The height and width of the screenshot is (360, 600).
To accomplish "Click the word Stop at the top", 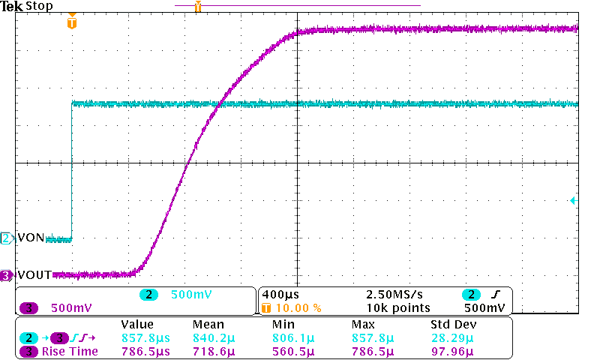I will point(39,6).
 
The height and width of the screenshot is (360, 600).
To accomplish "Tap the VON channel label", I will point(31,238).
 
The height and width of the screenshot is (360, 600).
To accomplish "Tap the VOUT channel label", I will point(34,275).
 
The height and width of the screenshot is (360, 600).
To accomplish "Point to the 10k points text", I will point(397,307).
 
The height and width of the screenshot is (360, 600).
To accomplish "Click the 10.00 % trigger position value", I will point(299,307).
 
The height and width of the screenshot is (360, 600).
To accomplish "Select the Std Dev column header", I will point(454,324).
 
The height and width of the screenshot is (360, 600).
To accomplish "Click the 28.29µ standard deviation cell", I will point(449,337).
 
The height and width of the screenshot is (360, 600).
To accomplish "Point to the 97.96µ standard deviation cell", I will point(449,351).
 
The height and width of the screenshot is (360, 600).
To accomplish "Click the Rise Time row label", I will point(70,351).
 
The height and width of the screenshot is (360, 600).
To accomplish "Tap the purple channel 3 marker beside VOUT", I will point(7,275).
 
